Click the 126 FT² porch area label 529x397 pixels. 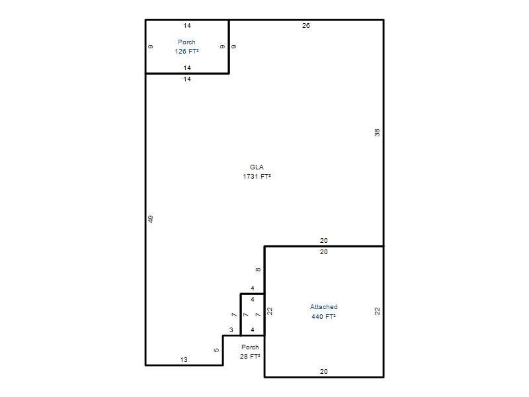pos(186,52)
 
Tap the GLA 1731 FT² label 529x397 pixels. pos(257,171)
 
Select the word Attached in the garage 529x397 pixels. pos(324,307)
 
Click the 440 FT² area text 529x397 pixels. pos(323,316)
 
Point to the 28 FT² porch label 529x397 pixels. pos(250,356)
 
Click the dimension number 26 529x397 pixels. pos(306,26)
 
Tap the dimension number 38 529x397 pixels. pos(377,133)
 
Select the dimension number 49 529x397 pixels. pos(151,219)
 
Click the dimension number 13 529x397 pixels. pos(184,360)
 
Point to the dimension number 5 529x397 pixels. pos(216,350)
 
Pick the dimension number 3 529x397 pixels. pos(231,330)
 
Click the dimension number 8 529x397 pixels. pos(258,270)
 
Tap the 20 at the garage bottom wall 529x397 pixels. pos(324,371)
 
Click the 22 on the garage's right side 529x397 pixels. pos(377,311)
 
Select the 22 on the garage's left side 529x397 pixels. pos(270,311)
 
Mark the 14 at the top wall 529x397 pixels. pos(187,26)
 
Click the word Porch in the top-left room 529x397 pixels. pos(186,42)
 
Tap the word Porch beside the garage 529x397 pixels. pos(250,347)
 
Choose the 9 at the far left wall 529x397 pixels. pos(151,46)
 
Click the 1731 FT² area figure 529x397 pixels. pos(257,176)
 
